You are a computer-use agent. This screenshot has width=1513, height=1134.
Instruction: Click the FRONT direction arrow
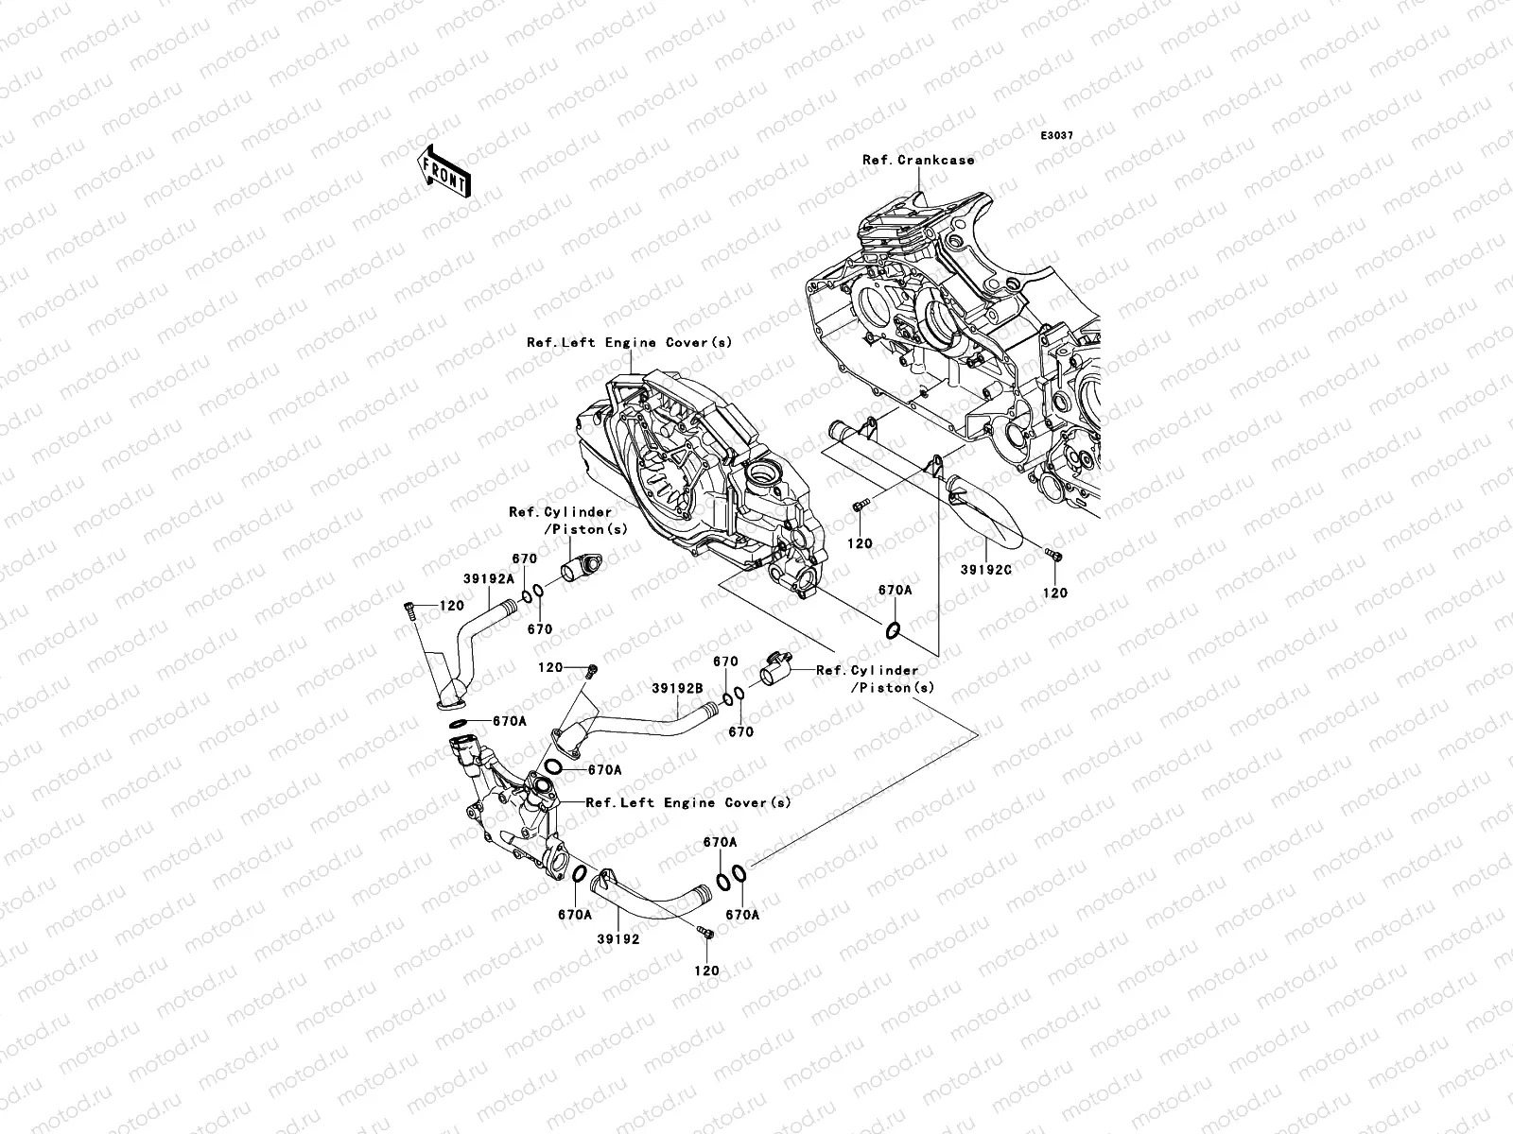(443, 171)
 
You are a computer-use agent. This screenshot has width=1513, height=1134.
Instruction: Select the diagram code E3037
(1056, 136)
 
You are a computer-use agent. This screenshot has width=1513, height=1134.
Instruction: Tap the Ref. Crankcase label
(918, 160)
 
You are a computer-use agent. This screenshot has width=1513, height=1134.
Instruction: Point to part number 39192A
(489, 579)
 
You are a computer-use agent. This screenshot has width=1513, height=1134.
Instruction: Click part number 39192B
(678, 688)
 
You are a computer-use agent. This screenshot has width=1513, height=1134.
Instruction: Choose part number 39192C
(986, 570)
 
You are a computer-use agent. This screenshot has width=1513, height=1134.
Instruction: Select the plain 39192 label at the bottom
(618, 939)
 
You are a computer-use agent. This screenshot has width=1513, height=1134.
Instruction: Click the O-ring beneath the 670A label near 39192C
(892, 629)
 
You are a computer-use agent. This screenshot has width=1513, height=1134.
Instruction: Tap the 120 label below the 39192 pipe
(706, 971)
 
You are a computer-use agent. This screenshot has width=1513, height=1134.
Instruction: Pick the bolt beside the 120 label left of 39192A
(409, 610)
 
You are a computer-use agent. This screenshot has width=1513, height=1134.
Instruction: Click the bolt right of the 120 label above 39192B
(591, 671)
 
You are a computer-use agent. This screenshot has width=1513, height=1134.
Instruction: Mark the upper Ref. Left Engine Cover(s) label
(630, 342)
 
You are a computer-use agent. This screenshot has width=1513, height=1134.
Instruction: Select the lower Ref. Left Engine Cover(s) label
(688, 802)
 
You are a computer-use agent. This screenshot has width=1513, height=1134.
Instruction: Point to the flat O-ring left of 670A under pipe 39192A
(459, 723)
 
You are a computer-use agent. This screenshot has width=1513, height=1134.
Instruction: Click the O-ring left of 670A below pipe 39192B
(553, 767)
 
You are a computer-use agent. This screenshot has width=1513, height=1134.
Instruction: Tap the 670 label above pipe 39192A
(525, 558)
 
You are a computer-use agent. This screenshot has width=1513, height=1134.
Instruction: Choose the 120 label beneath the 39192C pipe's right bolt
(1054, 593)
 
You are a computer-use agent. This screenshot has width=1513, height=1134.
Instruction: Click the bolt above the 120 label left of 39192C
(859, 507)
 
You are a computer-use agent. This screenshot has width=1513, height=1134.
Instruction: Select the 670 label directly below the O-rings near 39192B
(741, 731)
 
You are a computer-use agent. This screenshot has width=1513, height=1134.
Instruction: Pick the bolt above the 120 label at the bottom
(705, 933)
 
